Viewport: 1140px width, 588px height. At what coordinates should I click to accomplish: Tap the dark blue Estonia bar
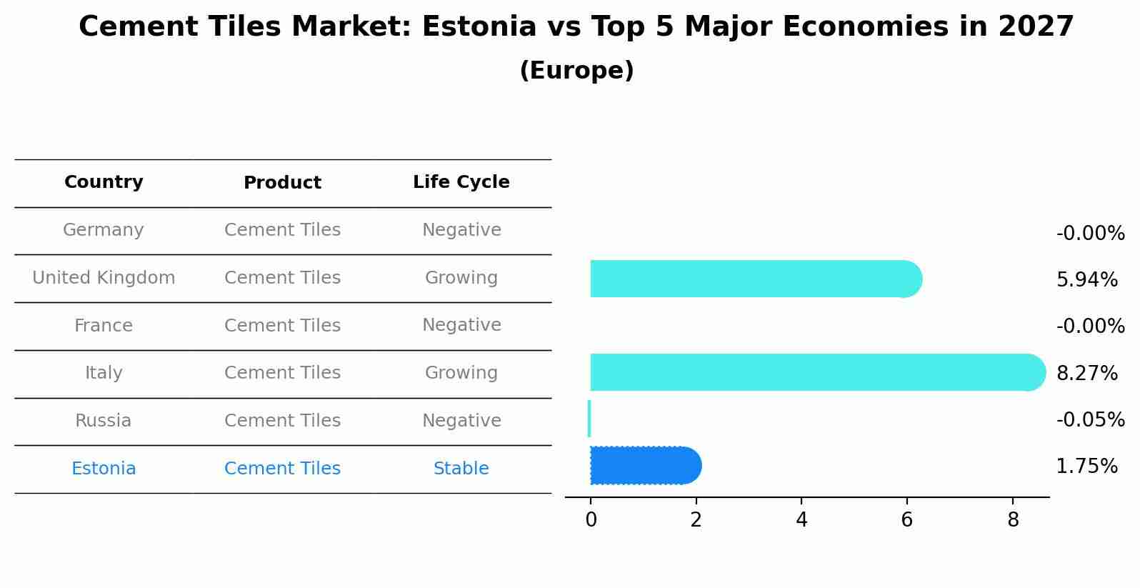(x=643, y=466)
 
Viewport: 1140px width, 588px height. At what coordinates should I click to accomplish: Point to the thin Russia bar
(x=589, y=419)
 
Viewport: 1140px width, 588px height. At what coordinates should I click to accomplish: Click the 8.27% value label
(x=1086, y=373)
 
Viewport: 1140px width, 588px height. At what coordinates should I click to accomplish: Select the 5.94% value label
(x=1086, y=279)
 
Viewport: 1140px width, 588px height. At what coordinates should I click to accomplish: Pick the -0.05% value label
(x=1090, y=419)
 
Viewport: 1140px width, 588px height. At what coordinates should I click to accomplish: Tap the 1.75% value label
(x=1086, y=467)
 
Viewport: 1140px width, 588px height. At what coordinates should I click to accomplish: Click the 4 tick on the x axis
(x=801, y=520)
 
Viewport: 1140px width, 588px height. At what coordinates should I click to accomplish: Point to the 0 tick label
(x=591, y=520)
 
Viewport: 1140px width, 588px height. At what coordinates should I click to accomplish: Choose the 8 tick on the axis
(x=1013, y=520)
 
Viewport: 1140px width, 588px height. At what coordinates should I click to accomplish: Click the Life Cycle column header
(x=461, y=182)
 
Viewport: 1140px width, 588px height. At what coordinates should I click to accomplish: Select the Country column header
(x=104, y=182)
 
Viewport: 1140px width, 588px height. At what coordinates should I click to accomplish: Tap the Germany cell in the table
(x=104, y=230)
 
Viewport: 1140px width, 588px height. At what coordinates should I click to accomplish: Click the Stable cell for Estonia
(x=461, y=469)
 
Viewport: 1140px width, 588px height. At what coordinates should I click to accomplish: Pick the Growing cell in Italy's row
(x=461, y=373)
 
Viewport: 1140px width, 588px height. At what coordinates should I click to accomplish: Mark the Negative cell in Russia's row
(x=461, y=421)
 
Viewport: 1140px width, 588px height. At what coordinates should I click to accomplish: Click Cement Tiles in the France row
(x=282, y=326)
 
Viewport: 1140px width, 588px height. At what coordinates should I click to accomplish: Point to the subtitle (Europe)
(x=576, y=71)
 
